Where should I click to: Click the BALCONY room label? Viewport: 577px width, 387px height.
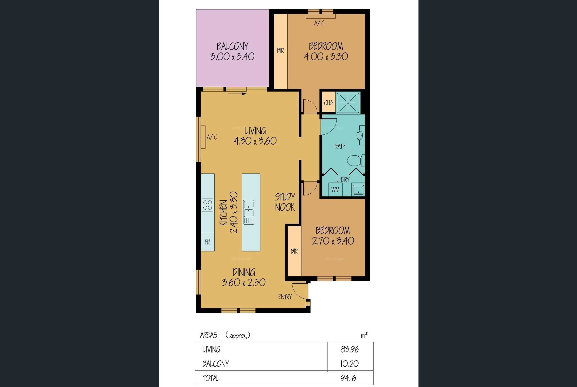[x=232, y=46]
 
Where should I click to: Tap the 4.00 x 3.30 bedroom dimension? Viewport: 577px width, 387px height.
[x=326, y=57]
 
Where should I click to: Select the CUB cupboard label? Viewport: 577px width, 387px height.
[x=328, y=103]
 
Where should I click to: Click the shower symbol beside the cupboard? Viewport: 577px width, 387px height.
[x=348, y=103]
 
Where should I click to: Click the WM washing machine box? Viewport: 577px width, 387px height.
[x=335, y=189]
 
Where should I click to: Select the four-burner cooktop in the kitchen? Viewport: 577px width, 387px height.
[x=208, y=205]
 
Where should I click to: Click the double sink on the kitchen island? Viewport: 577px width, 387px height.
[x=249, y=212]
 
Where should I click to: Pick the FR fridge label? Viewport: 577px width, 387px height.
[x=207, y=242]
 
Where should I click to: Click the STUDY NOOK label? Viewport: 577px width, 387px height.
[x=285, y=202]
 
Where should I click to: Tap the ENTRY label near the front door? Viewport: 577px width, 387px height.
[x=285, y=297]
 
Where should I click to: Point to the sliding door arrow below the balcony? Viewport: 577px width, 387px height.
[x=237, y=94]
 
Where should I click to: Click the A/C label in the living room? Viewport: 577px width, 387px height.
[x=212, y=137]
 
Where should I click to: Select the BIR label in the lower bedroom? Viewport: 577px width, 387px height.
[x=294, y=251]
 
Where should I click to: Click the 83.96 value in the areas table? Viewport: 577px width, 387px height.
[x=349, y=349]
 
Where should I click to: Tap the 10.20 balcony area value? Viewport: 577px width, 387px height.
[x=349, y=364]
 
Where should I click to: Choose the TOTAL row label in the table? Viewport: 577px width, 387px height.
[x=211, y=378]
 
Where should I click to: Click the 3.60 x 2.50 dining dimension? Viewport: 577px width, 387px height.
[x=244, y=282]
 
